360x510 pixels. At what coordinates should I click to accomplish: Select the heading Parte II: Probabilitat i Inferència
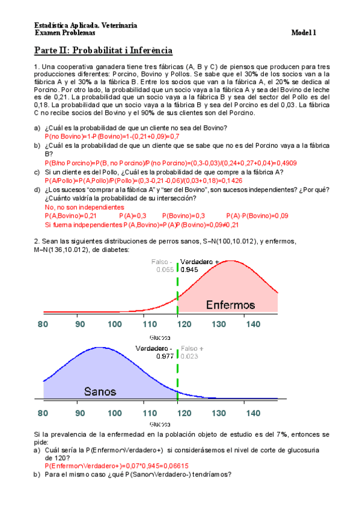[103, 51]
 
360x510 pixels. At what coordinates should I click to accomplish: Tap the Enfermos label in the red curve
[230, 304]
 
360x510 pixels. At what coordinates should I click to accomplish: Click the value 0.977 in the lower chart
[165, 356]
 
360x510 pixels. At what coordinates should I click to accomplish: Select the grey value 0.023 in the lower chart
[189, 356]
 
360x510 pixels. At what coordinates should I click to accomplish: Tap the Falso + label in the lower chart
[192, 348]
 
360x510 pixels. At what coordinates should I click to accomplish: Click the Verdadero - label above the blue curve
[154, 348]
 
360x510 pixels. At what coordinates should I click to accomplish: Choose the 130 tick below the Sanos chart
[219, 413]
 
